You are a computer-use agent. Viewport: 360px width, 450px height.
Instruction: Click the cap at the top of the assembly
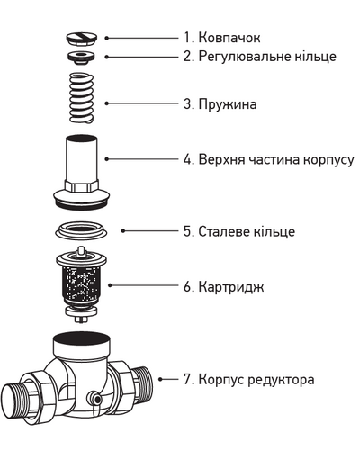pyautogui.click(x=82, y=39)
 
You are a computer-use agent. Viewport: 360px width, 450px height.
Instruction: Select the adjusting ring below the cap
pyautogui.click(x=82, y=57)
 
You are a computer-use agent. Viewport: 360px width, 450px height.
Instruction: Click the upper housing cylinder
pyautogui.click(x=82, y=162)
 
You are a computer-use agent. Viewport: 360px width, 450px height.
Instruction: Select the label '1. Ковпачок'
pyautogui.click(x=223, y=39)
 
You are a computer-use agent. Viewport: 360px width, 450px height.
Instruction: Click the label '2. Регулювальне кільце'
pyautogui.click(x=259, y=57)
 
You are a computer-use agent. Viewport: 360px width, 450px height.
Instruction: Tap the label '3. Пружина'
pyautogui.click(x=220, y=104)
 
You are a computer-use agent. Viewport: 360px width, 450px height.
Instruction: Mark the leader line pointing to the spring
pyautogui.click(x=144, y=103)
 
